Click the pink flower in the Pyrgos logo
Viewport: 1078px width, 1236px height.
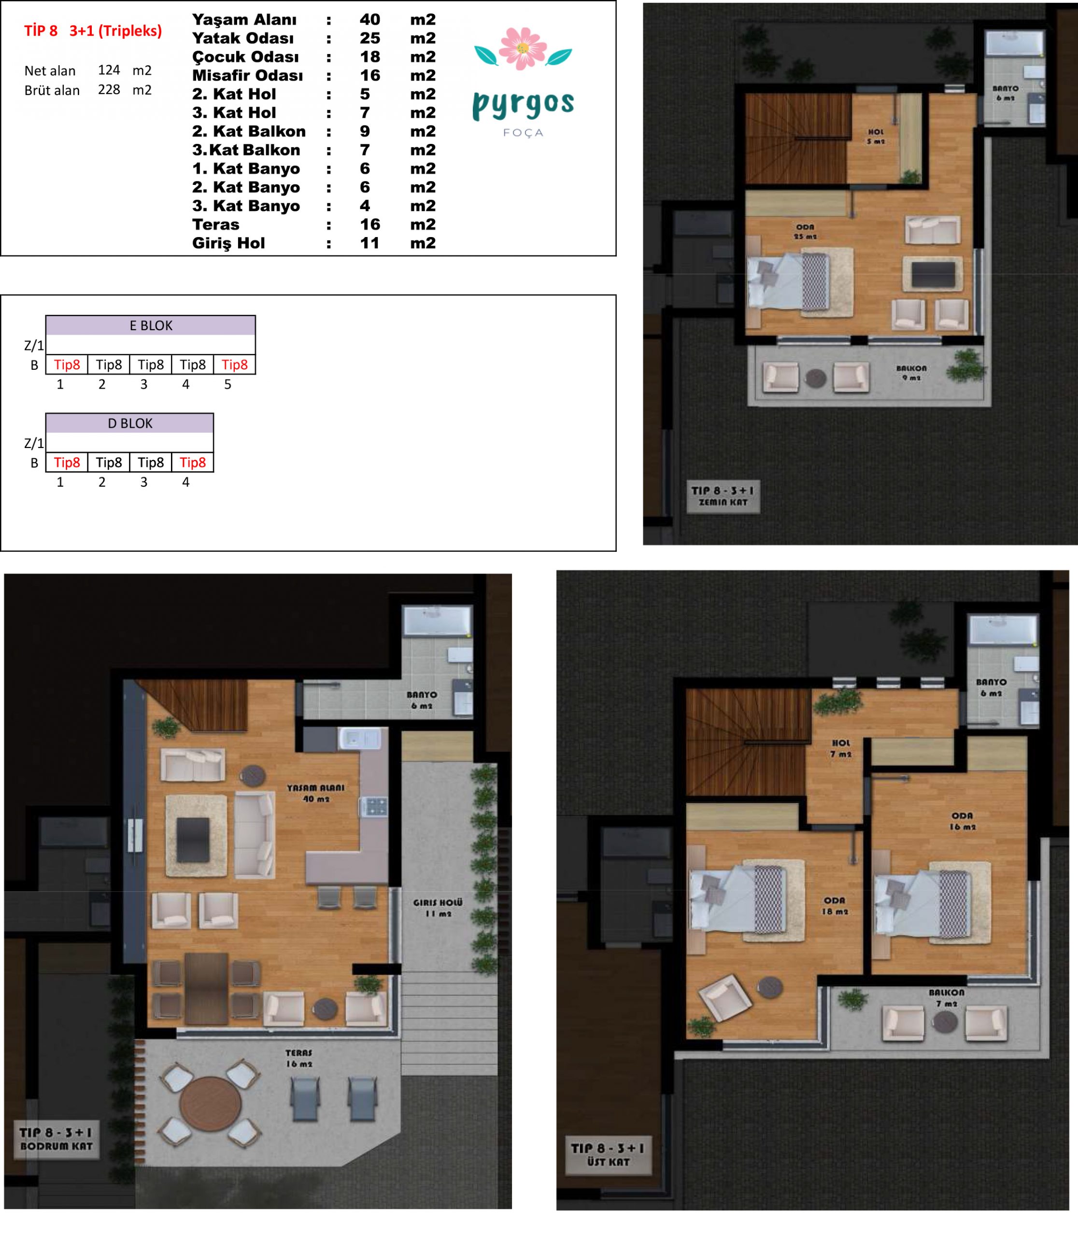[x=523, y=47]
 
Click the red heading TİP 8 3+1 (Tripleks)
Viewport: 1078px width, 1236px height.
[x=93, y=31]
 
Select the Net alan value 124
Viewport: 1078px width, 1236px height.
[x=109, y=70]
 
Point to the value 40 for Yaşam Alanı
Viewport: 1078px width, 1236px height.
[x=370, y=19]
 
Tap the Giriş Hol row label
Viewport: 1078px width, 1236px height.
[x=228, y=243]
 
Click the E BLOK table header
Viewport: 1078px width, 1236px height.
[x=151, y=325]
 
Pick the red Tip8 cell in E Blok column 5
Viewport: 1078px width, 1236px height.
[x=235, y=365]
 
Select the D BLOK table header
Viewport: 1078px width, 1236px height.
[x=130, y=423]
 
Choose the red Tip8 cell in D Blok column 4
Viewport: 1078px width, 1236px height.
[x=193, y=463]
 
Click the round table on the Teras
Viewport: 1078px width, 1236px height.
[x=211, y=1103]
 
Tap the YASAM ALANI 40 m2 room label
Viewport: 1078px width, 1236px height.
[x=316, y=793]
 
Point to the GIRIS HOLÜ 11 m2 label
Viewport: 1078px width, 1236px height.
[x=438, y=908]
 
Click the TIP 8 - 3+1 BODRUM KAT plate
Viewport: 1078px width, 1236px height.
[x=57, y=1139]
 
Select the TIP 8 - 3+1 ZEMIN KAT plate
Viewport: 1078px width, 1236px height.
[x=723, y=496]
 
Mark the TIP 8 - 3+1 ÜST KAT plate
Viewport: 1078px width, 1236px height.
[x=608, y=1155]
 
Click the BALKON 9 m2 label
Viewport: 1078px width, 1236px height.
[x=911, y=373]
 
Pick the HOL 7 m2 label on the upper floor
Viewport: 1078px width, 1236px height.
[x=841, y=748]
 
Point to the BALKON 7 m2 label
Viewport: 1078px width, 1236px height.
[x=946, y=998]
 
